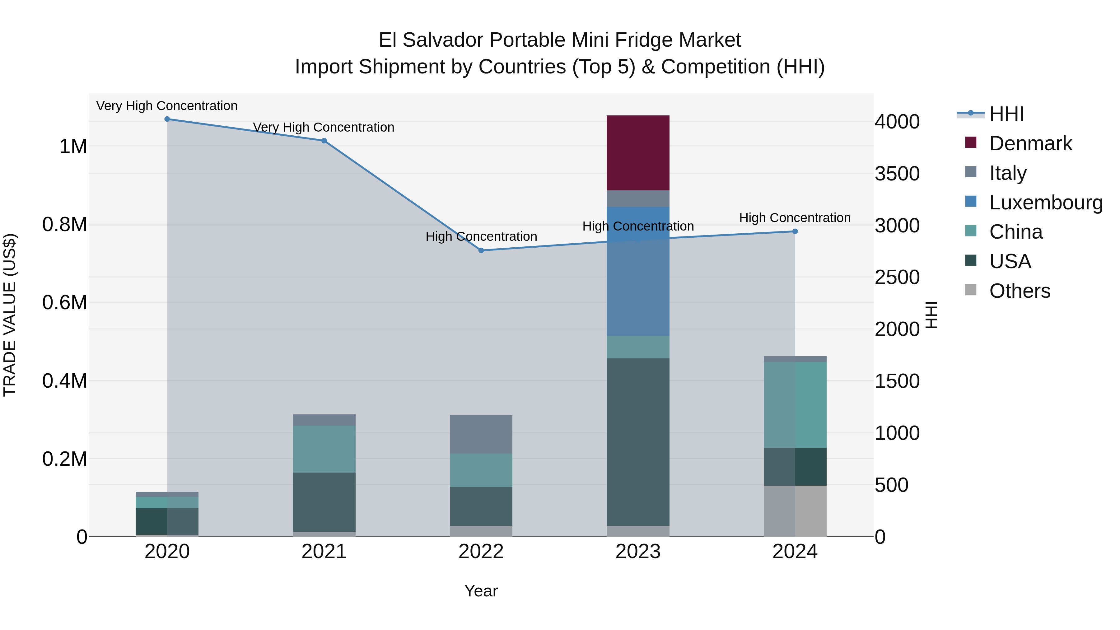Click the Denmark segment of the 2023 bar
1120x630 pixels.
click(x=638, y=153)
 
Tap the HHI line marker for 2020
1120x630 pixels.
click(x=167, y=119)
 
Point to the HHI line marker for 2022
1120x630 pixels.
click(x=481, y=250)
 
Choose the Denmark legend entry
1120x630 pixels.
click(x=1030, y=143)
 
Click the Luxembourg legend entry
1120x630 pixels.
click(x=1046, y=203)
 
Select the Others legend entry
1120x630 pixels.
click(x=1020, y=291)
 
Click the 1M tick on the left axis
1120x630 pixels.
click(x=73, y=147)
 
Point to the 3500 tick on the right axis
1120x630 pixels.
click(x=897, y=174)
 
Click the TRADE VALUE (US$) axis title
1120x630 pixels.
click(x=10, y=315)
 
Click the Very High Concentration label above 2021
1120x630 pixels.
click(x=324, y=127)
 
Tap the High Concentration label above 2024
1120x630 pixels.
click(x=795, y=218)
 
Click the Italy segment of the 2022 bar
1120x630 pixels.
click(x=481, y=434)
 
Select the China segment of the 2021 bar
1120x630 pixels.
click(x=324, y=449)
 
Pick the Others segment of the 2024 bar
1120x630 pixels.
click(x=795, y=511)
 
